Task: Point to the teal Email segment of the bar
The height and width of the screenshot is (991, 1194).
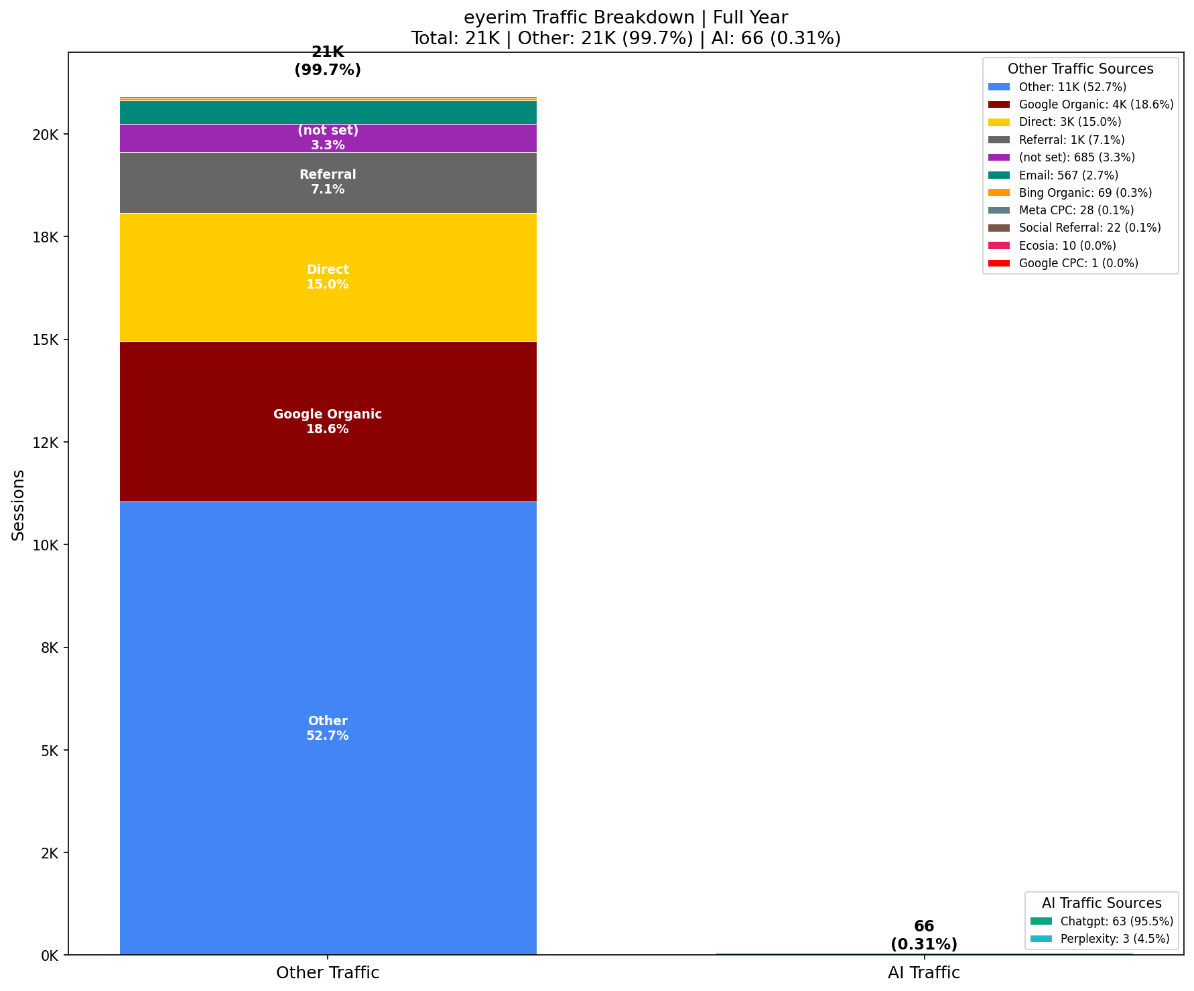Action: [x=328, y=112]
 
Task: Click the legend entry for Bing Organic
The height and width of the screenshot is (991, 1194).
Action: [x=1085, y=193]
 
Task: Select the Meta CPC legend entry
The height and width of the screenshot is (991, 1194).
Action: [x=1076, y=210]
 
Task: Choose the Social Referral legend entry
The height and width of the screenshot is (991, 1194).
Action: [x=1089, y=228]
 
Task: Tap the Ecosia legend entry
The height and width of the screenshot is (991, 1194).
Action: [x=1067, y=246]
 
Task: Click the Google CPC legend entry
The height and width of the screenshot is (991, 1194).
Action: [x=1078, y=263]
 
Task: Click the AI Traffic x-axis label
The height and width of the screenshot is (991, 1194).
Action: [x=923, y=973]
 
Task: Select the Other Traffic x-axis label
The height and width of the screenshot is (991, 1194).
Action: [x=328, y=973]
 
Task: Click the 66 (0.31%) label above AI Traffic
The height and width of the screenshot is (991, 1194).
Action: [x=923, y=935]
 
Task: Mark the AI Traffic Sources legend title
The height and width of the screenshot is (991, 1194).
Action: [x=1102, y=903]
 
